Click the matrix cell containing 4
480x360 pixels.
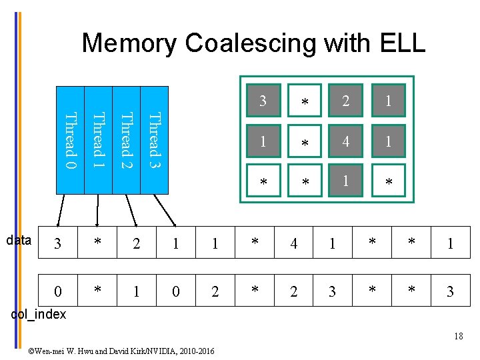pos(345,141)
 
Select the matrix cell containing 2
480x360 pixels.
pos(345,101)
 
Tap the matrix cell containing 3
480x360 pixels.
pos(263,101)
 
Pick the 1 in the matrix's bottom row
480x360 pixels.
pos(345,180)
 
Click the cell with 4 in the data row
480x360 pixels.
pos(293,244)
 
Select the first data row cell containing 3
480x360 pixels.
pos(59,244)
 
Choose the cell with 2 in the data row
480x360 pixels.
pos(137,244)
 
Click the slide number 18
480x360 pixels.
pos(458,336)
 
